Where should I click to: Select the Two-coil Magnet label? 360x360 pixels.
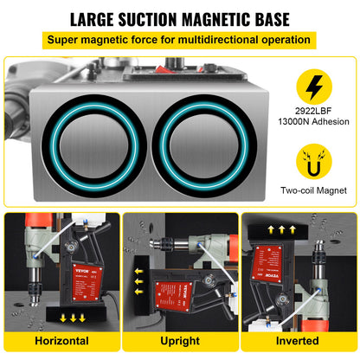[312, 192]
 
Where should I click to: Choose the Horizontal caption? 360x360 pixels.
[61, 342]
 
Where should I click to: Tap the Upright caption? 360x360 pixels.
[179, 342]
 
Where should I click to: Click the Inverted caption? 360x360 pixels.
[299, 342]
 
